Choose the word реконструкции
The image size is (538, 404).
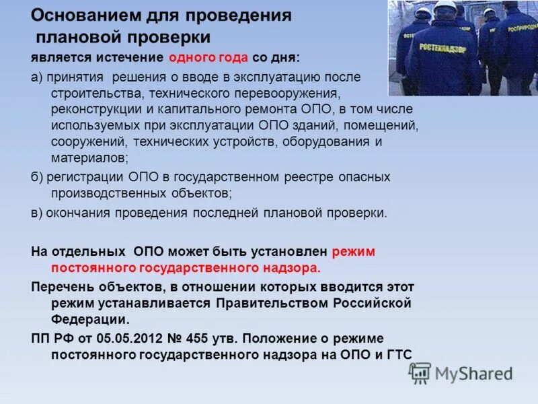[87, 108]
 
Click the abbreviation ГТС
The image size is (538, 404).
[397, 354]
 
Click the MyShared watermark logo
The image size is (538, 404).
[461, 373]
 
